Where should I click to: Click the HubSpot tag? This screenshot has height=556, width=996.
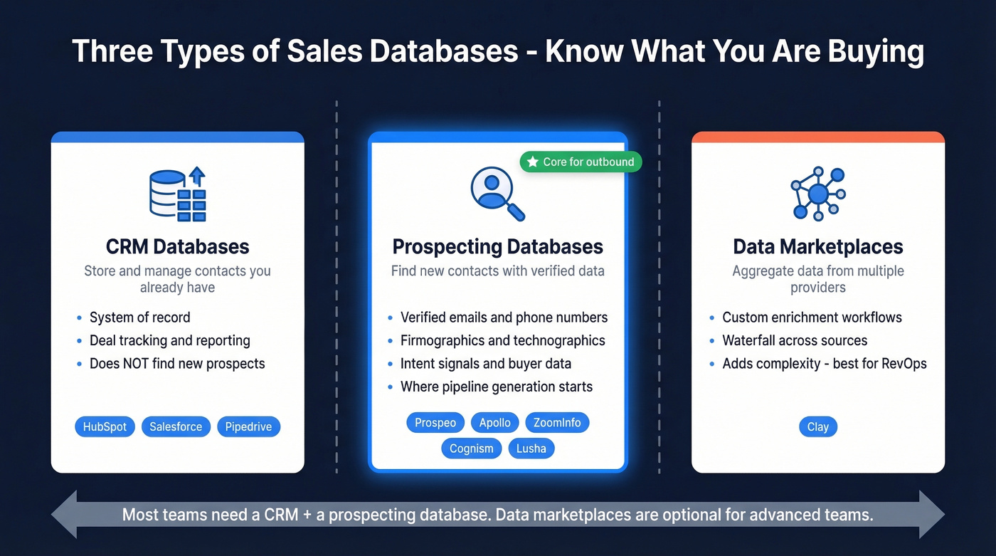pyautogui.click(x=105, y=427)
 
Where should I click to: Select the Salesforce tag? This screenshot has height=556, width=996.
pyautogui.click(x=176, y=427)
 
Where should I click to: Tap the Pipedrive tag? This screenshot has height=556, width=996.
pyautogui.click(x=248, y=427)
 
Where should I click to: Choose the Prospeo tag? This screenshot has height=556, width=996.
pyautogui.click(x=435, y=423)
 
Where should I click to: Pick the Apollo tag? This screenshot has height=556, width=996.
pyautogui.click(x=494, y=423)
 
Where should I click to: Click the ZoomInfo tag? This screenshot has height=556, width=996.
pyautogui.click(x=557, y=423)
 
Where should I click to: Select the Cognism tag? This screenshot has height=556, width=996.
pyautogui.click(x=471, y=449)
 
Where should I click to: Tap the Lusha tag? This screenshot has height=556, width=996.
pyautogui.click(x=531, y=449)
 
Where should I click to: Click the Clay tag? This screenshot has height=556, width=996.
pyautogui.click(x=817, y=427)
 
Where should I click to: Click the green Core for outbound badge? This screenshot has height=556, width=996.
pyautogui.click(x=581, y=162)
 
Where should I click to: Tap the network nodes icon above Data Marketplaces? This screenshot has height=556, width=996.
pyautogui.click(x=817, y=194)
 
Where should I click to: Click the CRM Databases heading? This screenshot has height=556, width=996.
pyautogui.click(x=177, y=247)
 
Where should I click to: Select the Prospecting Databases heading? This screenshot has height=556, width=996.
pyautogui.click(x=497, y=247)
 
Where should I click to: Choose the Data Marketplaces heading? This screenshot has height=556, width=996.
pyautogui.click(x=817, y=247)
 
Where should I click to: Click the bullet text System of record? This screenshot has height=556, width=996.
pyautogui.click(x=139, y=318)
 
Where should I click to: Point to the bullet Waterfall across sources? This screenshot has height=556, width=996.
pyautogui.click(x=794, y=340)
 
